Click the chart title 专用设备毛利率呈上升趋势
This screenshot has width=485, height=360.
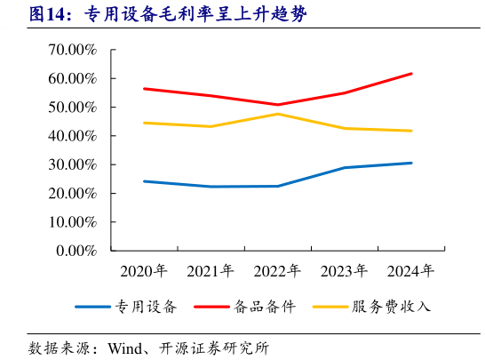click(x=195, y=15)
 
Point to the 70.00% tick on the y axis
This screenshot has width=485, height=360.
click(x=72, y=50)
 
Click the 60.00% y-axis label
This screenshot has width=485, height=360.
click(x=72, y=78)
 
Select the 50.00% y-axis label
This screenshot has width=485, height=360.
click(x=72, y=108)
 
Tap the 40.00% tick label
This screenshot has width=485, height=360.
click(x=72, y=136)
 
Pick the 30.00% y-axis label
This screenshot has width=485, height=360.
click(x=72, y=164)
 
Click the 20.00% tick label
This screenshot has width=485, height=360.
click(x=72, y=193)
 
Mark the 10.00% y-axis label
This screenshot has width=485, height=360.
click(x=72, y=222)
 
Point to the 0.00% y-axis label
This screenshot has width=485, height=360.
click(x=76, y=251)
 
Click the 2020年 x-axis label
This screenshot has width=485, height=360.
click(x=144, y=270)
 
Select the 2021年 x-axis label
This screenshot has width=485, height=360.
click(x=211, y=270)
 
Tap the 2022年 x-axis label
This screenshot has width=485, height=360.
click(x=277, y=270)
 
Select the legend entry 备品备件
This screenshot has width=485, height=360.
click(x=264, y=308)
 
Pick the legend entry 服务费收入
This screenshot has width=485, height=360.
click(x=390, y=308)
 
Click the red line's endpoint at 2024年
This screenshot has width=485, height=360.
click(x=410, y=74)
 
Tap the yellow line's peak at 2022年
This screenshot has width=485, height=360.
click(x=277, y=114)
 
